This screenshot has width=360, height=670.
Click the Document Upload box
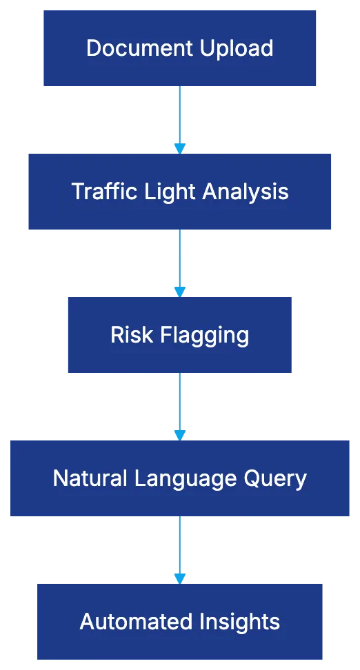pos(179,48)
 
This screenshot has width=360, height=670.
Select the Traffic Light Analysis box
pos(181,191)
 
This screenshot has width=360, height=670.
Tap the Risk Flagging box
pos(179,335)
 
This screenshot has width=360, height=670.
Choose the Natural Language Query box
pos(179,478)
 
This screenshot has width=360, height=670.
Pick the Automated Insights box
pos(179,621)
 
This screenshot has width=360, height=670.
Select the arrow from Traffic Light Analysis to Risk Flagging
pos(179,263)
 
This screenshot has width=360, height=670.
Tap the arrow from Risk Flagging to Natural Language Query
pos(179,406)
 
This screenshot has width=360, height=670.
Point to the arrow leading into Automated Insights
pos(179,549)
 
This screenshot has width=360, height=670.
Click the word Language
pos(190,479)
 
